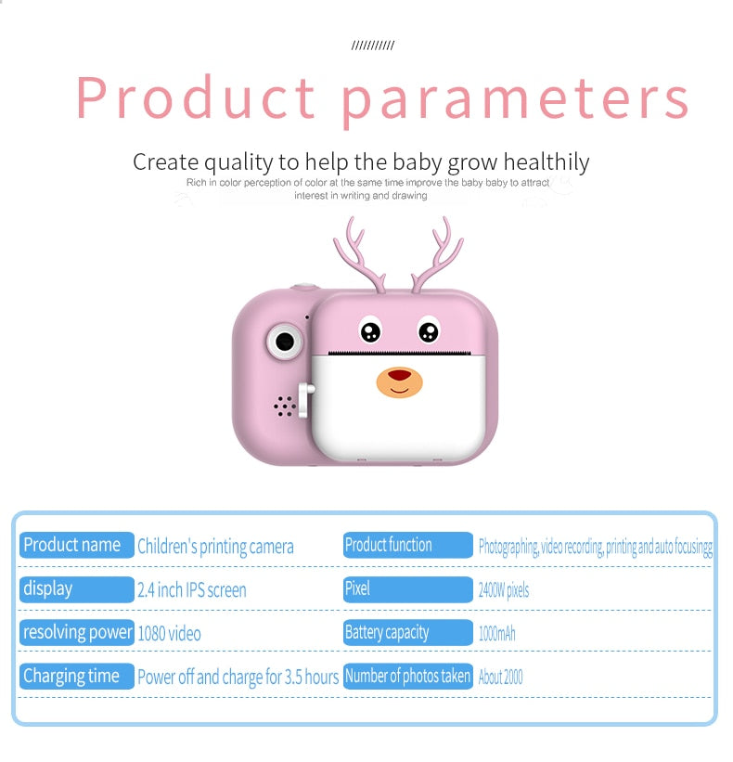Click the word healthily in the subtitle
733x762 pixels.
coord(546,162)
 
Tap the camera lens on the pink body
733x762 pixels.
coord(285,342)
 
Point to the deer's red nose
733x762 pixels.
coord(400,375)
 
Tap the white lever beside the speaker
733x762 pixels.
coord(305,400)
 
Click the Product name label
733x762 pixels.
coord(77,545)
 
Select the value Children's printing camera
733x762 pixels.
coord(215,547)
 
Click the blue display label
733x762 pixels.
coord(77,589)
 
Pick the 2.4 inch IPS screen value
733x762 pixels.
coord(192,590)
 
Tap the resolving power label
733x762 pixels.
coord(77,632)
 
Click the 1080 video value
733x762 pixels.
coord(169,634)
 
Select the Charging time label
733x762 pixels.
coord(77,676)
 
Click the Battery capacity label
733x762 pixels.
coord(408,632)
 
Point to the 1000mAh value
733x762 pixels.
coord(497,634)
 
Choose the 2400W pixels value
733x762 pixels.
coord(504,590)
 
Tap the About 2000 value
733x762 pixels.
coord(501,677)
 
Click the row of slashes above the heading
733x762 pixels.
coord(373,45)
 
